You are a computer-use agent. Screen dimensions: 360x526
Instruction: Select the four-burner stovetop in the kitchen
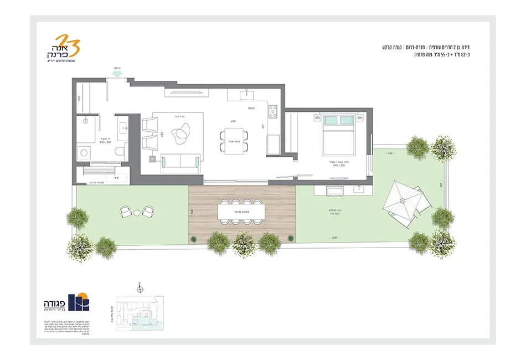273,112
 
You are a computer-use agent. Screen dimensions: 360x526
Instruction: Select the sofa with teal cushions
181,161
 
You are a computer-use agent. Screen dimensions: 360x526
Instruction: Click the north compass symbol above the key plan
140,288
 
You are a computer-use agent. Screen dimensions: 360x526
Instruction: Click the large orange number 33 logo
70,44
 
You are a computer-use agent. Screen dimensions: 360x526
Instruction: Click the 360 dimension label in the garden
390,153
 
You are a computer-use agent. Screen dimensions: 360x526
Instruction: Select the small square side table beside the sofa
151,159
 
